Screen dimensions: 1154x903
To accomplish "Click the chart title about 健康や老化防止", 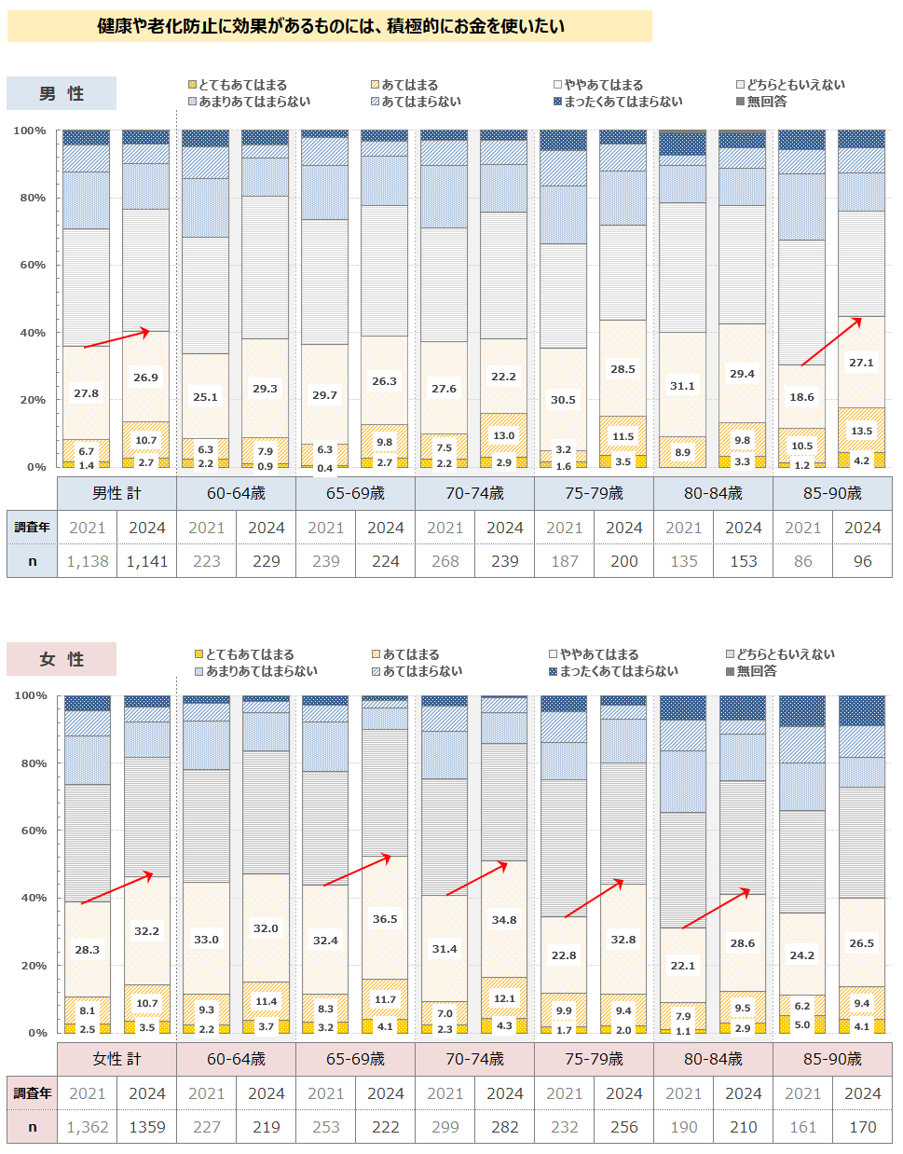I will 330,26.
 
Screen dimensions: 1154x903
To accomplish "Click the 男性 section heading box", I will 62,93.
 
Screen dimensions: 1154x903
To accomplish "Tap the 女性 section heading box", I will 62,659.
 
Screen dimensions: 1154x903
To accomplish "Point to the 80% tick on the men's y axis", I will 29,198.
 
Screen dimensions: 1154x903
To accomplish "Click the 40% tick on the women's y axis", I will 31,898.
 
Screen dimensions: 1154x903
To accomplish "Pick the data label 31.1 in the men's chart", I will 682,386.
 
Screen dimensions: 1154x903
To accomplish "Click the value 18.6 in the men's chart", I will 801,397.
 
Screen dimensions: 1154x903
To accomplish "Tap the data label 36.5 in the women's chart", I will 385,919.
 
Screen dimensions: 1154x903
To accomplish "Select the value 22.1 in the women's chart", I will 683,966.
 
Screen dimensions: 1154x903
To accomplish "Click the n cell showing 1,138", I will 88,561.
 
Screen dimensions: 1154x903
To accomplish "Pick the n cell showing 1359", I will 147,1127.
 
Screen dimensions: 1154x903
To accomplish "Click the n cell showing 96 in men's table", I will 863,561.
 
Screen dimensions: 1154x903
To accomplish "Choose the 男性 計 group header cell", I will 117,493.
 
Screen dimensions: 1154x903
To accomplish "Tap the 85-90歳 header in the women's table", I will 832,1059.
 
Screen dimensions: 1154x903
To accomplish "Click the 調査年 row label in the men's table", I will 32,528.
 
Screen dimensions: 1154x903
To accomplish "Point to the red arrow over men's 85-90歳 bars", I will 829,341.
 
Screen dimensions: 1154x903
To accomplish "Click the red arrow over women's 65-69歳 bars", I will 357,870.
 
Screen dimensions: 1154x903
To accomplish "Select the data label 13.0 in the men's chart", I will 504,435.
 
